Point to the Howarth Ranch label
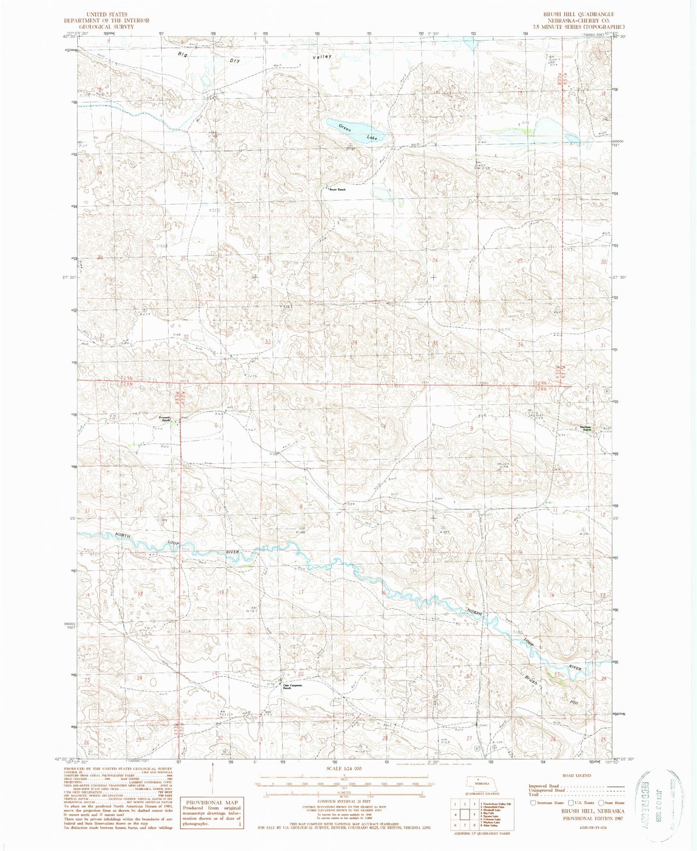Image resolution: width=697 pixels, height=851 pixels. (166, 419)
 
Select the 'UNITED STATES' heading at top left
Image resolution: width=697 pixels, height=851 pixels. (107, 14)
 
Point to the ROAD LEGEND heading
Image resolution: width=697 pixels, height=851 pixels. (576, 775)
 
